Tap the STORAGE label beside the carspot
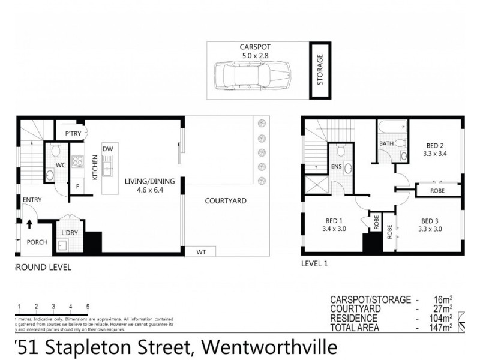pos(320,70)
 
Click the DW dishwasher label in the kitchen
pos(108,149)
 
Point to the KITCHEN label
pos(95,167)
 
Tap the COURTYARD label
pos(225,201)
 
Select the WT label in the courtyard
pos(201,253)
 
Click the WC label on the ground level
pos(61,164)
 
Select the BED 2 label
pos(435,145)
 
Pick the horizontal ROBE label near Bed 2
pos(437,191)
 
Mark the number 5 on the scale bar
pos(88,306)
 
